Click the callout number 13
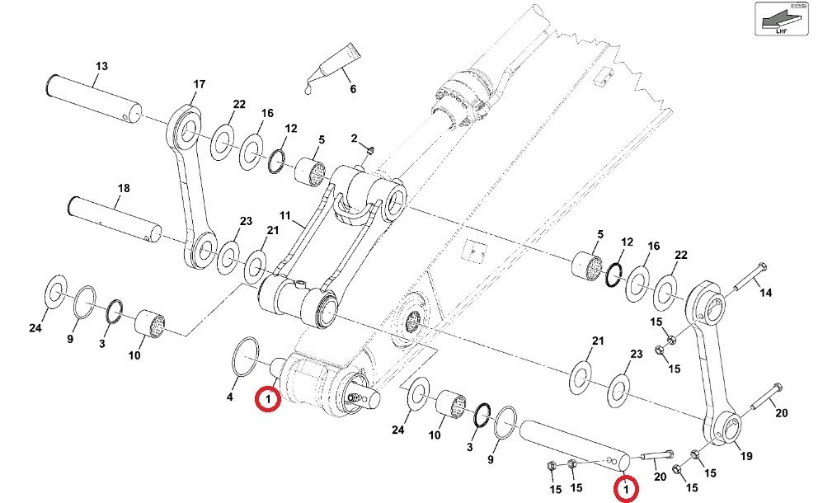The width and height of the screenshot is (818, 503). tap(101, 65)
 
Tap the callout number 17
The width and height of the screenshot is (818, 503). tap(199, 84)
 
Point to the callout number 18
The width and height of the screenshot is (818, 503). tap(123, 189)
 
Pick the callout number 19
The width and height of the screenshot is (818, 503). tap(747, 455)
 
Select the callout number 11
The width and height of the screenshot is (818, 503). tap(285, 216)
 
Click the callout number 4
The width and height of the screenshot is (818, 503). tap(231, 397)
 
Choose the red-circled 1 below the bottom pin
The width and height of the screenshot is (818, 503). tap(628, 490)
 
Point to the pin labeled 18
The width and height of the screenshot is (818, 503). tap(115, 216)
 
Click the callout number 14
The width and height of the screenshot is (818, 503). tap(766, 292)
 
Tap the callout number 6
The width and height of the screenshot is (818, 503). tap(352, 89)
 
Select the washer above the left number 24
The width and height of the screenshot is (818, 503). tap(55, 290)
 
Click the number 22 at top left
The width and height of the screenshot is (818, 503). tap(239, 104)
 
